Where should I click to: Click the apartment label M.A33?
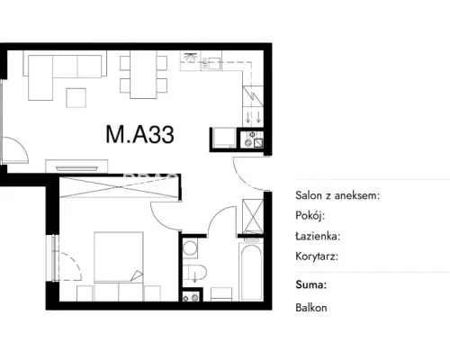click(139, 134)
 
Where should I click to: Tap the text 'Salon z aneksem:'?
click(337, 195)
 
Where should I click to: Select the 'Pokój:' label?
click(310, 215)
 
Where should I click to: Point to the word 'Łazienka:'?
click(318, 236)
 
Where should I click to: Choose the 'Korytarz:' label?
click(317, 256)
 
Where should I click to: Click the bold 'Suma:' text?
click(310, 284)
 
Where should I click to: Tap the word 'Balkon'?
click(311, 308)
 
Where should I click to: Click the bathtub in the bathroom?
click(251, 273)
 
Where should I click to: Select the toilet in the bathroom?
click(194, 272)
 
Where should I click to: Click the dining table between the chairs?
click(143, 75)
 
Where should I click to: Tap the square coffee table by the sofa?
click(76, 97)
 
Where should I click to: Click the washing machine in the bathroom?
click(190, 248)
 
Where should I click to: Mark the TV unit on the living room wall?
click(76, 166)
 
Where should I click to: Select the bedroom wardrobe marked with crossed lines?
click(120, 187)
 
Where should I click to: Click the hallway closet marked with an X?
click(253, 216)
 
